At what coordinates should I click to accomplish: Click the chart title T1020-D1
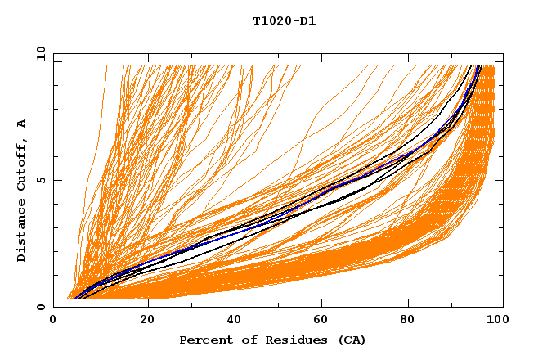(284, 21)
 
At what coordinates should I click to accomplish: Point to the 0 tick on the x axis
(54, 321)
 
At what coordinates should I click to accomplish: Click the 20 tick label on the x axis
(147, 321)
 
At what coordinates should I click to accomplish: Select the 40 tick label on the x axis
(236, 321)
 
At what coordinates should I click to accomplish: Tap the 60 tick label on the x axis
(325, 321)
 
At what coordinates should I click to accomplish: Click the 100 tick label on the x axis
(495, 321)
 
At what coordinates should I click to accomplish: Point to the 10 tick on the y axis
(40, 53)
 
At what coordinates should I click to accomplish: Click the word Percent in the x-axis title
(202, 340)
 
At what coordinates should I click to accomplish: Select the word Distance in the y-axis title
(22, 232)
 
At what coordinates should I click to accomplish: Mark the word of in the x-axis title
(240, 340)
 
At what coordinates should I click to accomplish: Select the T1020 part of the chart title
(271, 21)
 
